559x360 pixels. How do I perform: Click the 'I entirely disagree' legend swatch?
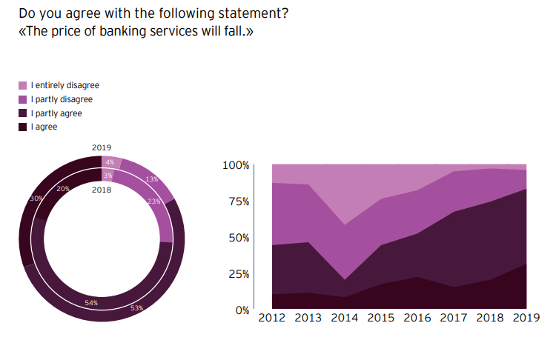[23, 86]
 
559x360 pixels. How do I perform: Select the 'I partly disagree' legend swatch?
[23, 99]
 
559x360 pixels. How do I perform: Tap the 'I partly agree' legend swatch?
[23, 113]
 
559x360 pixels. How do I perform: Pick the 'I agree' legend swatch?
[23, 127]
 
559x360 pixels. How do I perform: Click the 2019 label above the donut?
[102, 147]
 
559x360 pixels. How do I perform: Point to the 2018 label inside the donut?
[102, 190]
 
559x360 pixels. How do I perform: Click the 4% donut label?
[110, 162]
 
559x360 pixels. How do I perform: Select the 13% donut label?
[151, 179]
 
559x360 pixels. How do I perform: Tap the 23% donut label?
[154, 201]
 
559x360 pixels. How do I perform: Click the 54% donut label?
[91, 303]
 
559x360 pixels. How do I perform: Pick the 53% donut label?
[136, 307]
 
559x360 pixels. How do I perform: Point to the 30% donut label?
[36, 199]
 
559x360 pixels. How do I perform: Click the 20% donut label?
[63, 189]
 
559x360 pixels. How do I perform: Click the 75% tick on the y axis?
[239, 201]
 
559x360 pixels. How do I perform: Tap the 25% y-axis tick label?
[239, 274]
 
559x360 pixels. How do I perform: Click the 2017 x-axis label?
[454, 318]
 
